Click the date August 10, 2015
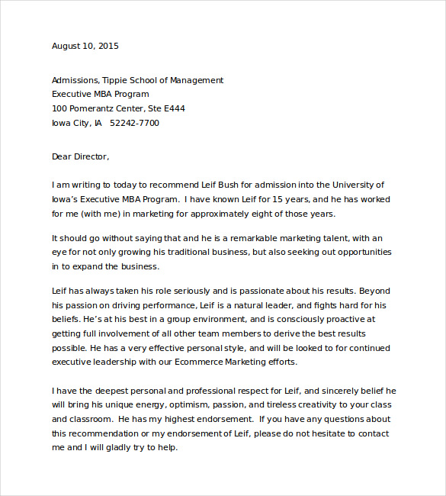(x=85, y=46)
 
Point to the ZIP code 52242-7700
(x=135, y=123)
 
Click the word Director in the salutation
(x=91, y=156)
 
